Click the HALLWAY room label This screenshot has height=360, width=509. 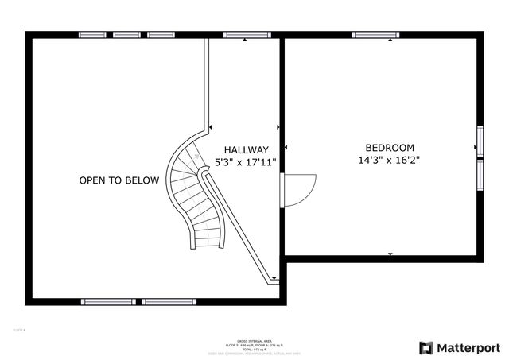click(x=246, y=149)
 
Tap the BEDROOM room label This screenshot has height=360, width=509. click(x=390, y=147)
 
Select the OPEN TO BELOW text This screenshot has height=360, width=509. click(x=119, y=180)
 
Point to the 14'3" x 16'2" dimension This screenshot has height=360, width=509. click(x=390, y=160)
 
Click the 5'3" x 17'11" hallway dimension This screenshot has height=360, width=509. click(x=246, y=162)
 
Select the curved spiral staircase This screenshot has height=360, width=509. click(x=196, y=195)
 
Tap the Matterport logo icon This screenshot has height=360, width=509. click(x=426, y=347)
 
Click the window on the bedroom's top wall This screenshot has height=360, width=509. click(x=376, y=35)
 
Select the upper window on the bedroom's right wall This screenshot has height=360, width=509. click(x=480, y=140)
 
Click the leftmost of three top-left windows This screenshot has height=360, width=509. click(x=92, y=35)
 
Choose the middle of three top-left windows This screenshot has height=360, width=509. click(x=126, y=35)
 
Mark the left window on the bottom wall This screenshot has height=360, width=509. click(x=108, y=302)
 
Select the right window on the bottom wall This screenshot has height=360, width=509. click(x=169, y=302)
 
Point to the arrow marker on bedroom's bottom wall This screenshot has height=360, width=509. click(x=390, y=254)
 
